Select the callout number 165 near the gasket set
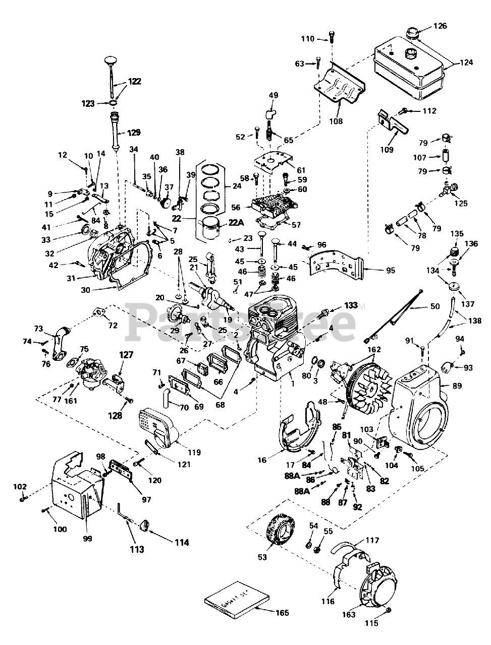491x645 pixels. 283,613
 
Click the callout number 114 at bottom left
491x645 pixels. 182,543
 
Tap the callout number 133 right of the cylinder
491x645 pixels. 351,305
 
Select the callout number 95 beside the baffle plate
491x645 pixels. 391,271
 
